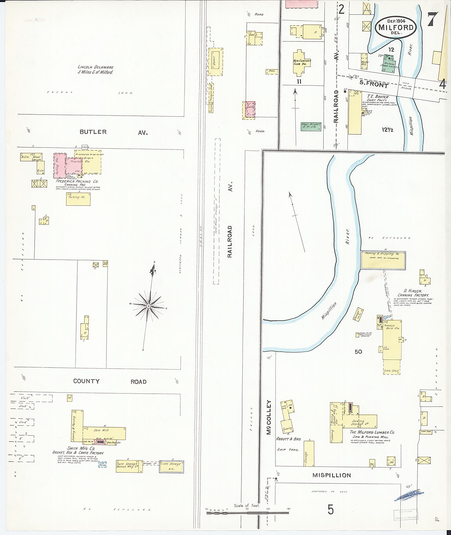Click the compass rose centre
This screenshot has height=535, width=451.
pos(148,306)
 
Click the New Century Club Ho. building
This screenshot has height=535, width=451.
pos(302,63)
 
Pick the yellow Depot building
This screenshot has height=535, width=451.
pos(215,62)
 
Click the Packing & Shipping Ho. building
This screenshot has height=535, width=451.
pos(383,260)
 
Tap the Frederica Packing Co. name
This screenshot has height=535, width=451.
pos(77,181)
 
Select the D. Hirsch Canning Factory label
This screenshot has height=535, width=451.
pos(413,293)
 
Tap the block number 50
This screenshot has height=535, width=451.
pos(358,352)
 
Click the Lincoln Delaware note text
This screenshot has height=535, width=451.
pos(95,70)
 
